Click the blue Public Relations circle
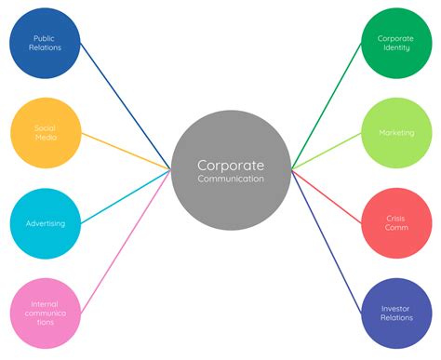click(x=44, y=43)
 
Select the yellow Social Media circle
click(x=44, y=132)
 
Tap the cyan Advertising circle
click(x=44, y=223)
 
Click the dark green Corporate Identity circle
click(x=395, y=43)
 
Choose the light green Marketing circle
click(x=395, y=132)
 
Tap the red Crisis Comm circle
click(x=395, y=223)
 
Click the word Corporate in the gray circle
click(x=230, y=164)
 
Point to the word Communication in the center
click(x=230, y=179)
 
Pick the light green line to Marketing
click(x=326, y=152)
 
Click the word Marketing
click(x=396, y=132)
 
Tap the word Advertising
click(x=44, y=223)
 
